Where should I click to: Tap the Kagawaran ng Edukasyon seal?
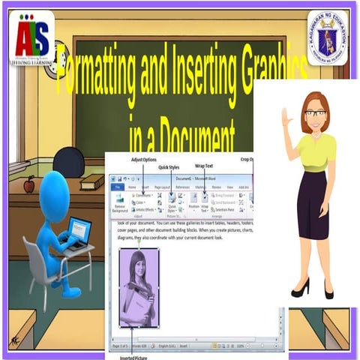[x=327, y=37]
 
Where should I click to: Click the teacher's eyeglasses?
[x=315, y=113]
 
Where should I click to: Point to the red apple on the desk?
[x=29, y=184]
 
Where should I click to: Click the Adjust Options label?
[x=144, y=160]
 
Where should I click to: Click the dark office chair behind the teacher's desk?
[x=69, y=160]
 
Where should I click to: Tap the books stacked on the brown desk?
[x=92, y=181]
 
